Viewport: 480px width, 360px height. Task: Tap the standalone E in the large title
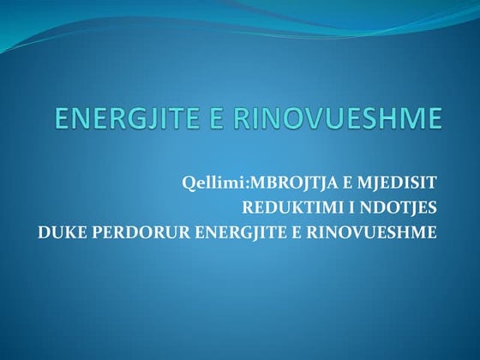231,118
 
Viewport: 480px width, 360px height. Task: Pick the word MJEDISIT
400,183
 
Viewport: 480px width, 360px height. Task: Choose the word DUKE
60,231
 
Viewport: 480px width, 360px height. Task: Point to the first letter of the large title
61,118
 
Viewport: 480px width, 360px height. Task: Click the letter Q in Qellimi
188,183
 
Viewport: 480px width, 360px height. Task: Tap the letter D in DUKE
43,231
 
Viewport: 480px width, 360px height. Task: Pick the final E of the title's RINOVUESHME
435,118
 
